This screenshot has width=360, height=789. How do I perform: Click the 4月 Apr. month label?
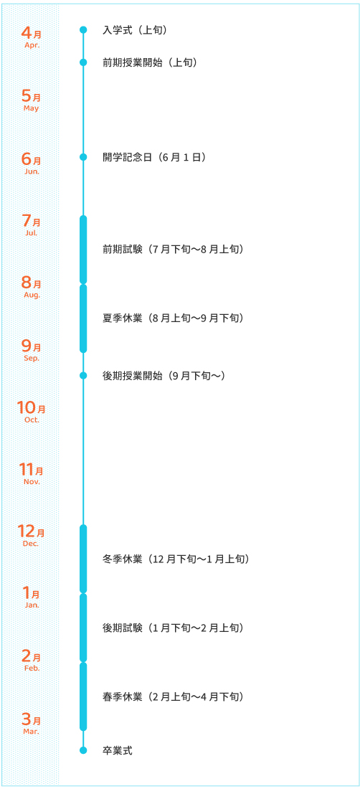pyautogui.click(x=31, y=37)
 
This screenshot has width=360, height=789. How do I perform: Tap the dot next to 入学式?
pyautogui.click(x=83, y=30)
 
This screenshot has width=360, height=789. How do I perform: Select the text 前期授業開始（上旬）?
pyautogui.click(x=149, y=62)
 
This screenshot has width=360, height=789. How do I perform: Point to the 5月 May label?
pyautogui.click(x=31, y=100)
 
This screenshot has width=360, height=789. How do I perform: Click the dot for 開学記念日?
pyautogui.click(x=83, y=157)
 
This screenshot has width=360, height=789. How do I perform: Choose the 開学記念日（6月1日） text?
pyautogui.click(x=154, y=157)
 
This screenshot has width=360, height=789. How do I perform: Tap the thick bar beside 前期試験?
pyautogui.click(x=83, y=250)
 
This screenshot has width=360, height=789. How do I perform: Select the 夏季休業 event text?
pyautogui.click(x=173, y=318)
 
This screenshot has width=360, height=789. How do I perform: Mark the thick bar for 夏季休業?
pyautogui.click(x=83, y=318)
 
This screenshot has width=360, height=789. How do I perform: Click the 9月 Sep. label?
pyautogui.click(x=31, y=350)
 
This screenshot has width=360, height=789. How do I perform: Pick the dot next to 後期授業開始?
pyautogui.click(x=83, y=375)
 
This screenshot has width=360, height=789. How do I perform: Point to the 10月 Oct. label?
pyautogui.click(x=31, y=410)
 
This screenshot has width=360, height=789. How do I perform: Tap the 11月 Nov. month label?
pyautogui.click(x=31, y=473)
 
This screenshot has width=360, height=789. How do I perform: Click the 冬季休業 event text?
pyautogui.click(x=176, y=559)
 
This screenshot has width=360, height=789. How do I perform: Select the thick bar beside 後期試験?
pyautogui.click(x=83, y=628)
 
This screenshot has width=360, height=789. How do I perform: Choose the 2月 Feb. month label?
pyautogui.click(x=31, y=660)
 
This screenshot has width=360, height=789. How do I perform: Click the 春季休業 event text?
pyautogui.click(x=173, y=697)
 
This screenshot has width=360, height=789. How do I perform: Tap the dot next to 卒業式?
pyautogui.click(x=83, y=750)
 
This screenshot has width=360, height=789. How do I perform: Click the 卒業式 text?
pyautogui.click(x=117, y=750)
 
